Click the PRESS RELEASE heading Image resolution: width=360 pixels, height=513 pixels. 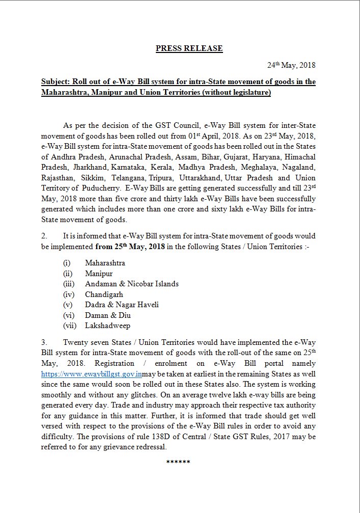189,48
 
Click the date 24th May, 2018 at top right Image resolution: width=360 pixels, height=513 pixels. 291,65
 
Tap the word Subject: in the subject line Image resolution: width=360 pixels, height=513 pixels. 56,82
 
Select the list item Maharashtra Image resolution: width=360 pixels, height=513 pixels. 105,263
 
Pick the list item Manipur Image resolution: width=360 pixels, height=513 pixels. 99,274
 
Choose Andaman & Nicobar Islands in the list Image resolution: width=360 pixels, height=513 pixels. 131,284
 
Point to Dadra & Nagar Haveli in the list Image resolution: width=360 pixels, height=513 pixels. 122,305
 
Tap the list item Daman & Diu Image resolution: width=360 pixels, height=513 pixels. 107,315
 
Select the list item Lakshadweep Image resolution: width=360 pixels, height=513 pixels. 107,326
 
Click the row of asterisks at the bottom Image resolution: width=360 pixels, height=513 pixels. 178,462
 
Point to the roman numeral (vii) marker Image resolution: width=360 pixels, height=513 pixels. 70,326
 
